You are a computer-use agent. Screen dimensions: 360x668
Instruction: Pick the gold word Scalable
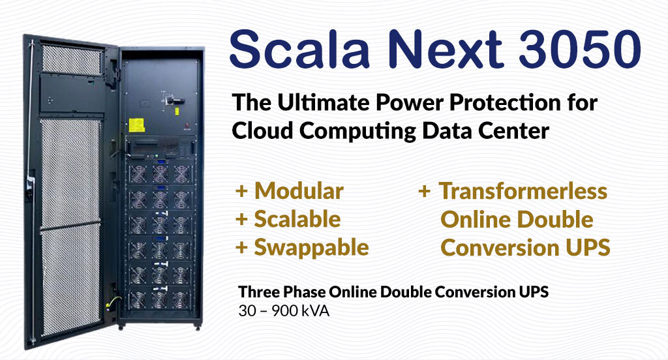pyautogui.click(x=297, y=219)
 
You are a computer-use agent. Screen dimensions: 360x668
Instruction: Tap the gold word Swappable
pyautogui.click(x=311, y=247)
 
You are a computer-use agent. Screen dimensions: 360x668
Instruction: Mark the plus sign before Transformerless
pyautogui.click(x=424, y=191)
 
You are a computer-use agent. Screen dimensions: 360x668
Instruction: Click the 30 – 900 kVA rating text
pyautogui.click(x=284, y=311)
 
